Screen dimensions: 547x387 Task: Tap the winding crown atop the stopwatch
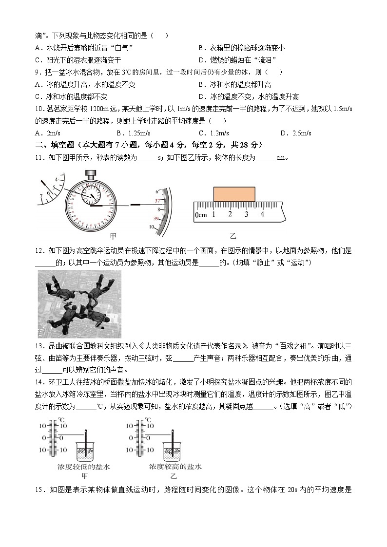coord(91,173)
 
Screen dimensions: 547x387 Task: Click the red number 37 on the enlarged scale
coord(157,200)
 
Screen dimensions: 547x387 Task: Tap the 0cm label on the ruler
coord(201,215)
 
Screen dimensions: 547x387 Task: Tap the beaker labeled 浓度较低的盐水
coord(86,450)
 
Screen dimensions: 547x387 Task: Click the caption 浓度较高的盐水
coord(175,467)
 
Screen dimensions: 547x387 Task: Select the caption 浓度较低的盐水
coord(84,467)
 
